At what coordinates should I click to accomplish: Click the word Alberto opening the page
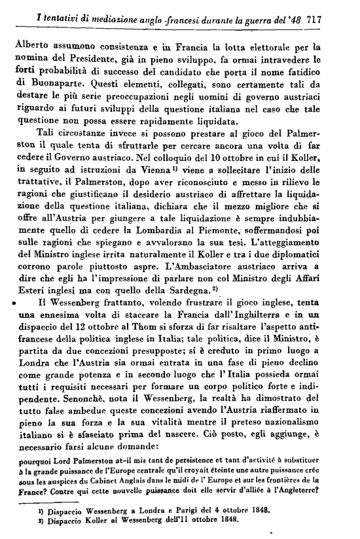(32, 46)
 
